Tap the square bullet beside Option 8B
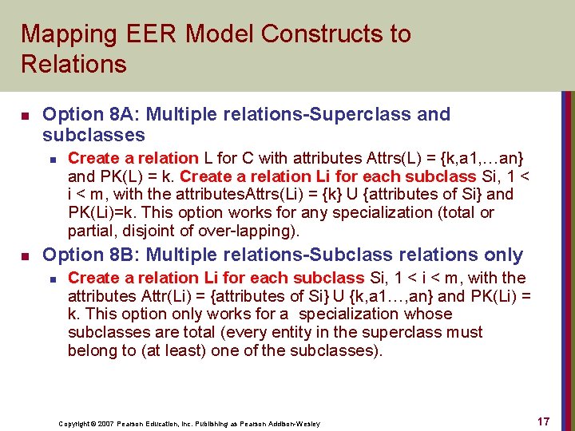point(25,255)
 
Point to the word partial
point(91,231)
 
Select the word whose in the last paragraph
point(428,314)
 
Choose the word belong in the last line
point(91,350)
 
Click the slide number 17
point(542,421)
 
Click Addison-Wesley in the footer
point(295,423)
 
